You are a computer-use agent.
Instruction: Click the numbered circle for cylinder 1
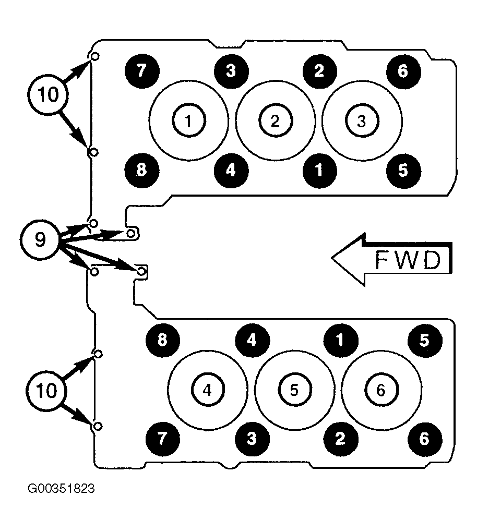pyautogui.click(x=189, y=121)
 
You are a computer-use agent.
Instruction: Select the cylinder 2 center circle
pyautogui.click(x=276, y=121)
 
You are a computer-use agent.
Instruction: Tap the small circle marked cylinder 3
pyautogui.click(x=362, y=121)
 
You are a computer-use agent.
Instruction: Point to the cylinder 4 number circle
pyautogui.click(x=207, y=390)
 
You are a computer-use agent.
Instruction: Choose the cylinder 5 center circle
pyautogui.click(x=294, y=390)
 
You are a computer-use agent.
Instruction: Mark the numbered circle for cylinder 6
pyautogui.click(x=381, y=390)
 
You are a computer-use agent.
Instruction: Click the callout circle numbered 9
pyautogui.click(x=39, y=239)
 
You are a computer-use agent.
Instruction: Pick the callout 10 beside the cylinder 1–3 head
pyautogui.click(x=48, y=94)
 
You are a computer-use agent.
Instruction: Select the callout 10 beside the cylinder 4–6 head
pyautogui.click(x=46, y=391)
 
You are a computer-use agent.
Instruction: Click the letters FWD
pyautogui.click(x=408, y=260)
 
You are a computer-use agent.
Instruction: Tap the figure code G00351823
pyautogui.click(x=61, y=489)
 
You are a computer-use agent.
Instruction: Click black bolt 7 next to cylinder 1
pyautogui.click(x=142, y=71)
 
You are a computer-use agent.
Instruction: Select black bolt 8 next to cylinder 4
pyautogui.click(x=163, y=340)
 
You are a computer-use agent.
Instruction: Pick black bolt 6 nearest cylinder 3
pyautogui.click(x=403, y=71)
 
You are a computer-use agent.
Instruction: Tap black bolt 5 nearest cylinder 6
pyautogui.click(x=425, y=340)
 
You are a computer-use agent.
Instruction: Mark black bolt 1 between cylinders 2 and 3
pyautogui.click(x=319, y=171)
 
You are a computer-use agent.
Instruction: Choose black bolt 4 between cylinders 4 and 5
pyautogui.click(x=252, y=340)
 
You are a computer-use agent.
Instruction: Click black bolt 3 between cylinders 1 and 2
pyautogui.click(x=231, y=71)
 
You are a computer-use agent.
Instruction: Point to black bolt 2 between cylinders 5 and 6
pyautogui.click(x=340, y=439)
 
